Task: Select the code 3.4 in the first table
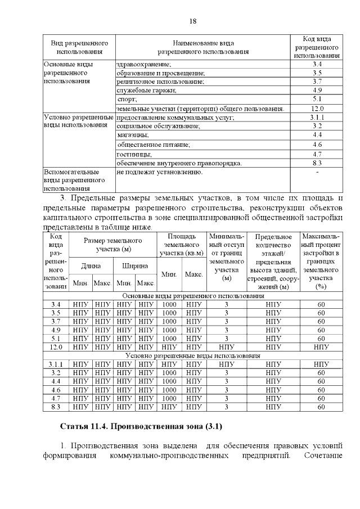[x=317, y=64]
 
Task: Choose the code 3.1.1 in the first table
[x=317, y=118]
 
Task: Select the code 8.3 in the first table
[x=317, y=163]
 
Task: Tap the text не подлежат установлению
[x=159, y=172]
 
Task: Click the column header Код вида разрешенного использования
[x=317, y=47]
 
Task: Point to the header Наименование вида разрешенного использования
[x=202, y=47]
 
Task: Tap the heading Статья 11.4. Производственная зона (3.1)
[x=145, y=428]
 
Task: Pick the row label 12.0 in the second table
[x=56, y=347]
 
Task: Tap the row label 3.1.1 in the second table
[x=56, y=364]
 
